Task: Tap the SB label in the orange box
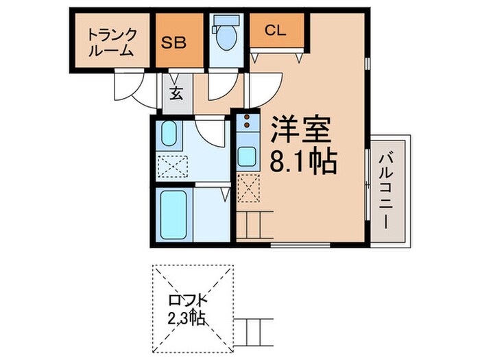tap(175, 41)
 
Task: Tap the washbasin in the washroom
tap(169, 134)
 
